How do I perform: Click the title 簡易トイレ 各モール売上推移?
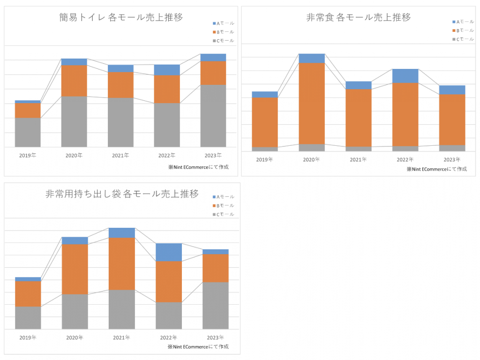pos(121,17)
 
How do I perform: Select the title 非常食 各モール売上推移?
pos(359,17)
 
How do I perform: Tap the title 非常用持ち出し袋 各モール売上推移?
pos(122,194)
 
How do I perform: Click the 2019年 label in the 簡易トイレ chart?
pos(28,155)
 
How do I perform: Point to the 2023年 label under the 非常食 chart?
pos(452,159)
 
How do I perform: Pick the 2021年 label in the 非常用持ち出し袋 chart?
pos(121,337)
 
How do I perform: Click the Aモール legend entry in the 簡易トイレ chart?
pos(224,23)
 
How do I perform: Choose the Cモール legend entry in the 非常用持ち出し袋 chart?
pos(224,214)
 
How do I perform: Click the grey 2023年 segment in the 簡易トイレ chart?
pos(213,116)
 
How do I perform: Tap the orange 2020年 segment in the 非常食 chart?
pos(312,103)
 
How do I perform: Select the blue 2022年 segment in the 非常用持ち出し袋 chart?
pos(169,252)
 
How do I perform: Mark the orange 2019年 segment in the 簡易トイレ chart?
pos(28,110)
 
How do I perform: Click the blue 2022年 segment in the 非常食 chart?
pos(405,76)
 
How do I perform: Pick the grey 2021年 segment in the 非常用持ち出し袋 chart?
pos(122,309)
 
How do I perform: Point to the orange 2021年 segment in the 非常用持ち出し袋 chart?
pos(122,263)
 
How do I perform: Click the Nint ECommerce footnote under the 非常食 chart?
pos(436,169)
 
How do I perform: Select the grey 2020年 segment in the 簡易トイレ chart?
pos(74,121)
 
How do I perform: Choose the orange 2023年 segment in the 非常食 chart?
pos(452,120)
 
